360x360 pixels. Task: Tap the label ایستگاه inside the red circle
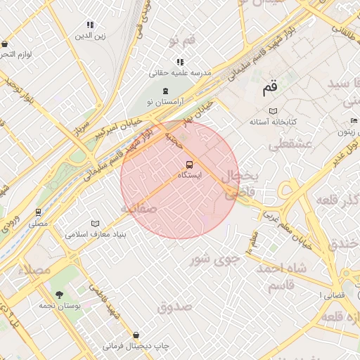pos(190,175)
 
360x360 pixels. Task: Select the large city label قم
pos(270,89)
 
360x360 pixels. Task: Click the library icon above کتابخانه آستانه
pos(273,111)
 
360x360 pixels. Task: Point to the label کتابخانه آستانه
pos(273,122)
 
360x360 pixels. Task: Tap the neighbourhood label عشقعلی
pos(285,146)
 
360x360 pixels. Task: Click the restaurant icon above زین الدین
pos(90,25)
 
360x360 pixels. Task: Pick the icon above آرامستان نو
pos(165,91)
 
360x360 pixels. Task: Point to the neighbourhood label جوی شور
pos(215,259)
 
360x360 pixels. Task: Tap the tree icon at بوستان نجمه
pos(58,295)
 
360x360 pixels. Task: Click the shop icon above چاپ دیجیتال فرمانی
pos(135,335)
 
